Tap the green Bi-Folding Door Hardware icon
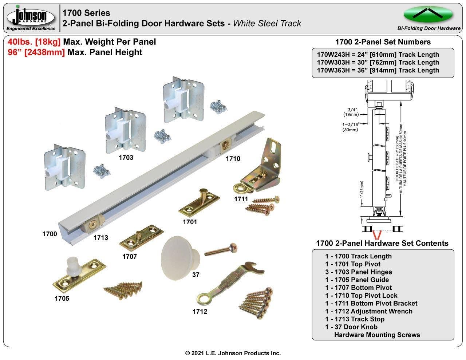click(x=428, y=15)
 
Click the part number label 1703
click(x=126, y=158)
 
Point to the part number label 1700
click(x=50, y=234)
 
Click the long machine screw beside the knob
click(x=221, y=250)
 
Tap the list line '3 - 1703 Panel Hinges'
click(x=358, y=272)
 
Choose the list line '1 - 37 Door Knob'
click(x=351, y=327)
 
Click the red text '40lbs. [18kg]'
click(x=34, y=42)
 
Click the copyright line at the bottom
click(x=233, y=353)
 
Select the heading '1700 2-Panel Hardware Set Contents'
click(x=382, y=243)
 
